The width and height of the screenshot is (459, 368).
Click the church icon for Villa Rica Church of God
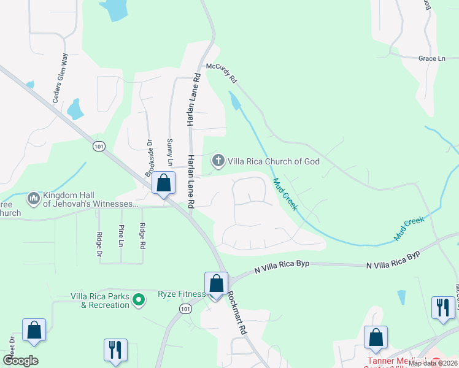pos(217,161)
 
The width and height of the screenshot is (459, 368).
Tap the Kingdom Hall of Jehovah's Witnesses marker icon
pos(33,199)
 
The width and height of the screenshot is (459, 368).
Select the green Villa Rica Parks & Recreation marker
pos(139,300)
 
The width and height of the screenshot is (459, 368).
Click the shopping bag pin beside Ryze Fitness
pos(216,285)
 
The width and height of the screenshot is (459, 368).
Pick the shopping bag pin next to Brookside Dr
pos(163,183)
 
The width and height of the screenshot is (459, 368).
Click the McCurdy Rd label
pos(222,72)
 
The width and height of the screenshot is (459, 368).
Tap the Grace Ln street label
pos(431,58)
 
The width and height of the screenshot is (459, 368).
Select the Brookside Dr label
pos(148,159)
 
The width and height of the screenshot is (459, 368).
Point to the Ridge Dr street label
pos(99,243)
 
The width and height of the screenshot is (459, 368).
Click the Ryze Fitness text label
pos(182,294)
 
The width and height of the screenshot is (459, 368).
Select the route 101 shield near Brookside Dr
pos(99,146)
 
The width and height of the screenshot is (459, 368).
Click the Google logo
pos(20,361)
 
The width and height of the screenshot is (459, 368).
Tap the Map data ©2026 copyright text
pos(433,363)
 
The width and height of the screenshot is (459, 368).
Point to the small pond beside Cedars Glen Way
pos(75,109)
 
